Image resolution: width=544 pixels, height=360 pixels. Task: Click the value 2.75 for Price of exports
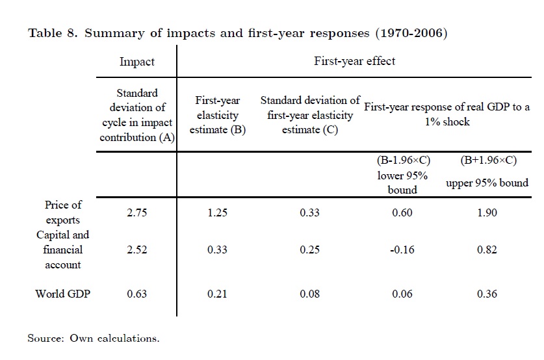pos(137,212)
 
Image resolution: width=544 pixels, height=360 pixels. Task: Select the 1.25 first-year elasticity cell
pos(217,212)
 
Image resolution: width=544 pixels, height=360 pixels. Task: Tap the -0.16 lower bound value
pos(402,250)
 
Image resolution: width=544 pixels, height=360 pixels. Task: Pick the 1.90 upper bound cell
pos(487,212)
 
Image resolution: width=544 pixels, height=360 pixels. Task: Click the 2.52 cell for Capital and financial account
pos(137,250)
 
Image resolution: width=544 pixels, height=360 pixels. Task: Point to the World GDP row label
pos(63,294)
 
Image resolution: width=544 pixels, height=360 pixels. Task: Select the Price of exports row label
pos(63,212)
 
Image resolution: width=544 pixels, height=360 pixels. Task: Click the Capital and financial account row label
pos(63,250)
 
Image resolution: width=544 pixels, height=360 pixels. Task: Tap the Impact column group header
pos(137,62)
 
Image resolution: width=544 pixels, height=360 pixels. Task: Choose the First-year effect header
pos(354,62)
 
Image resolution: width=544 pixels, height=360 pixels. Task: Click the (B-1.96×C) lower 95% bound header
pos(403,175)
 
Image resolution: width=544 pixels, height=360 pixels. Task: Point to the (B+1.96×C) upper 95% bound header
pos(487,175)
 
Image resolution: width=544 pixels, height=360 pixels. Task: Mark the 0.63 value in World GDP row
pos(137,294)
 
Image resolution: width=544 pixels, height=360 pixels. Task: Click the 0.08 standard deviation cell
pos(309,294)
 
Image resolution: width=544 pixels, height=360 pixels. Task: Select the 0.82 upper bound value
pos(487,250)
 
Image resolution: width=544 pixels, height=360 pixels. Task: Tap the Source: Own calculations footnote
pos(93,338)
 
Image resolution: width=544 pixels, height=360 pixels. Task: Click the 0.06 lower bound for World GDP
pos(402,294)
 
